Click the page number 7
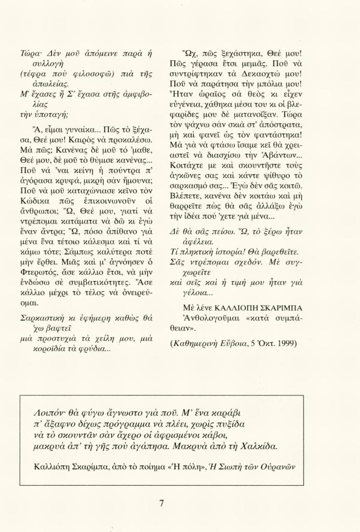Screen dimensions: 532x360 (x=162, y=503)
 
